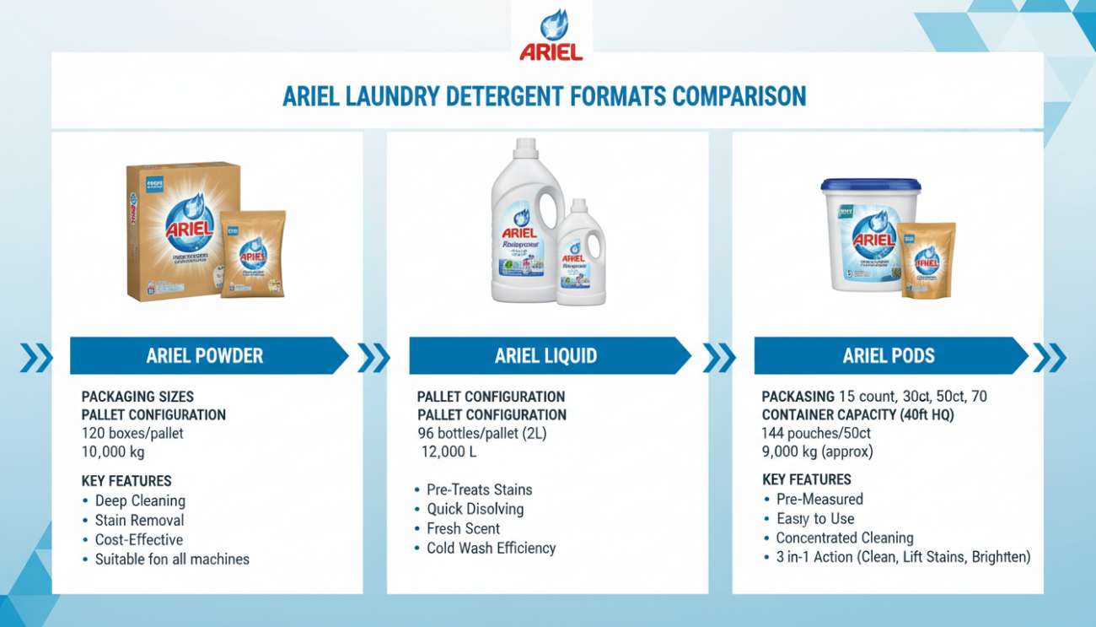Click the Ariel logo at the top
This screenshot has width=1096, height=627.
click(x=551, y=36)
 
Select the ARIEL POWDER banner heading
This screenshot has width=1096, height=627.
click(x=204, y=355)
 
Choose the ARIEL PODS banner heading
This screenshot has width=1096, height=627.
click(x=888, y=355)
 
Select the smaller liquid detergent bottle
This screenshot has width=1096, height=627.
click(x=581, y=253)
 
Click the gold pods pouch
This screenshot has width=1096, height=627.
click(x=926, y=259)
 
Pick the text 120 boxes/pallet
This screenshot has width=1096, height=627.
click(x=132, y=433)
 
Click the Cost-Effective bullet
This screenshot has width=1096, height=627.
click(x=138, y=539)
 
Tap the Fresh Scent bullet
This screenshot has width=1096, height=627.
click(x=463, y=528)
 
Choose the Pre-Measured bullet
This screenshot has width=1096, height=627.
click(x=819, y=499)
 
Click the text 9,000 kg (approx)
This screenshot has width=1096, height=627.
click(x=817, y=451)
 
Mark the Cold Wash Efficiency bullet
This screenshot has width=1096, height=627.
click(x=491, y=548)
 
